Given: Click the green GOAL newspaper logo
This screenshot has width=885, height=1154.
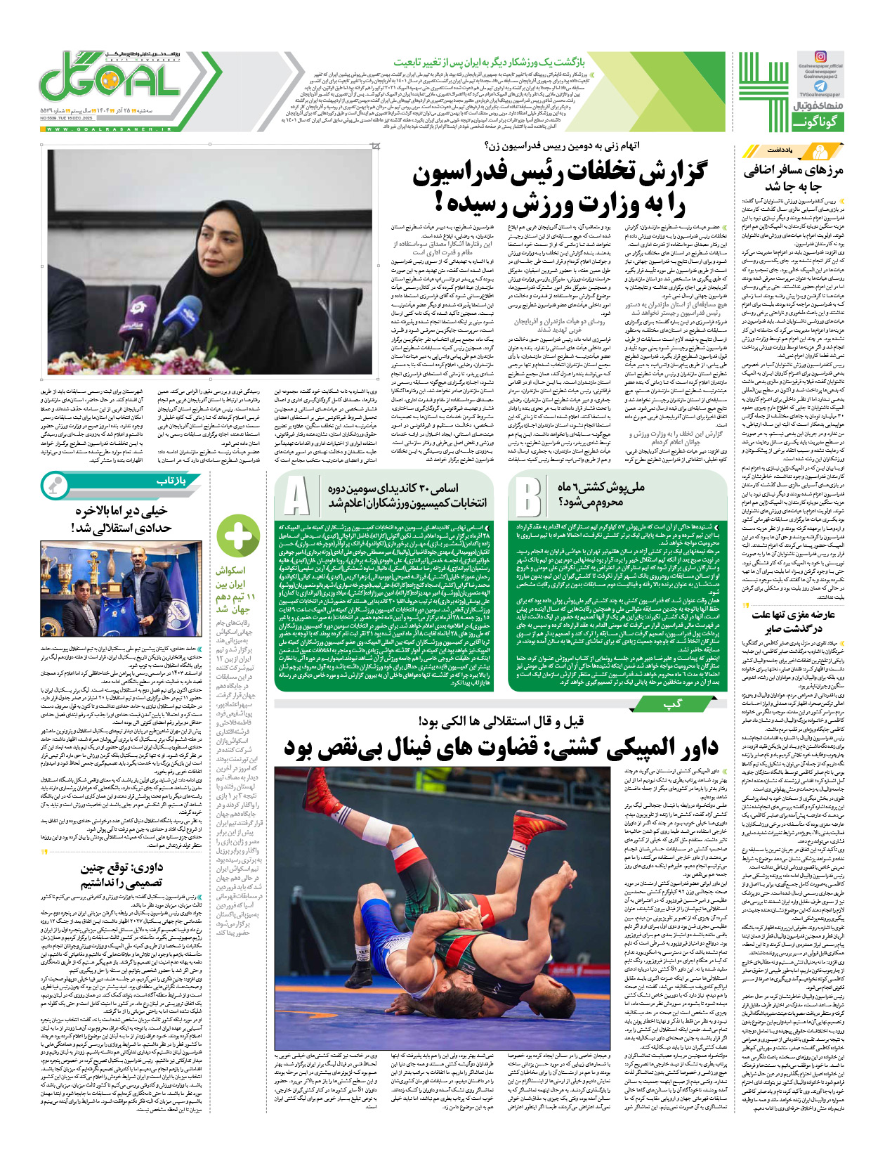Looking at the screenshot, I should coord(109,79).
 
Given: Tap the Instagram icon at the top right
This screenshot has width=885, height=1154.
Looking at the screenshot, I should coord(820,56).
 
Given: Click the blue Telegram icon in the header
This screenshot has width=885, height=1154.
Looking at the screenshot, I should coord(820,86).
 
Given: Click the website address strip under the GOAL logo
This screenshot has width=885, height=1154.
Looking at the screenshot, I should coord(109,129).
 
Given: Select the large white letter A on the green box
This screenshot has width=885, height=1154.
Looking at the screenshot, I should coord(296,495).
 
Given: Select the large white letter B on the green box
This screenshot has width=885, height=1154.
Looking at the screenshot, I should coord(527,496).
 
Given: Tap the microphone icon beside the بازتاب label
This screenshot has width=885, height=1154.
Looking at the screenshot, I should coord(54,485).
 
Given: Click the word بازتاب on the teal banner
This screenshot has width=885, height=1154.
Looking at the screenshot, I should coord(170,481).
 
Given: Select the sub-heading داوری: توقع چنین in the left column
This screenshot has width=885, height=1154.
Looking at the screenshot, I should coord(122,867).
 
